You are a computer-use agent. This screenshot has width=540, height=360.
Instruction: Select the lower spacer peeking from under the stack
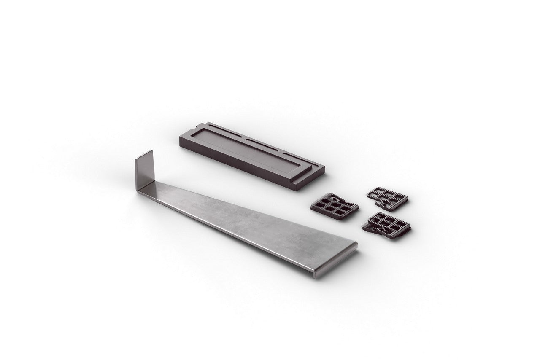[373, 230]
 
